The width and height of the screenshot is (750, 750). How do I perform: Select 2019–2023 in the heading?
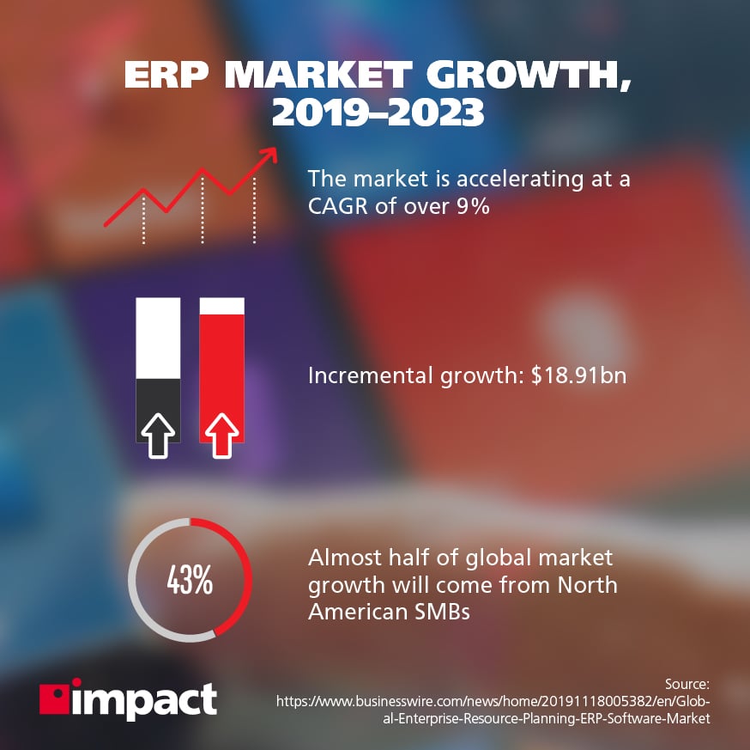(x=374, y=115)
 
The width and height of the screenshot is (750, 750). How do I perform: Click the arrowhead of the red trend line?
(x=269, y=153)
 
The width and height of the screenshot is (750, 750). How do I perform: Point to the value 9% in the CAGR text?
(x=472, y=206)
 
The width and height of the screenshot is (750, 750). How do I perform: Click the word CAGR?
(x=338, y=206)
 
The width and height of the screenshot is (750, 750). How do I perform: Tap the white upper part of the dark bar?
(x=158, y=338)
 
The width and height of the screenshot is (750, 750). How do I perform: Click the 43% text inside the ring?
(x=190, y=580)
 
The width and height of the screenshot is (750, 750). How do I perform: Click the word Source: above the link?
(x=686, y=684)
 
